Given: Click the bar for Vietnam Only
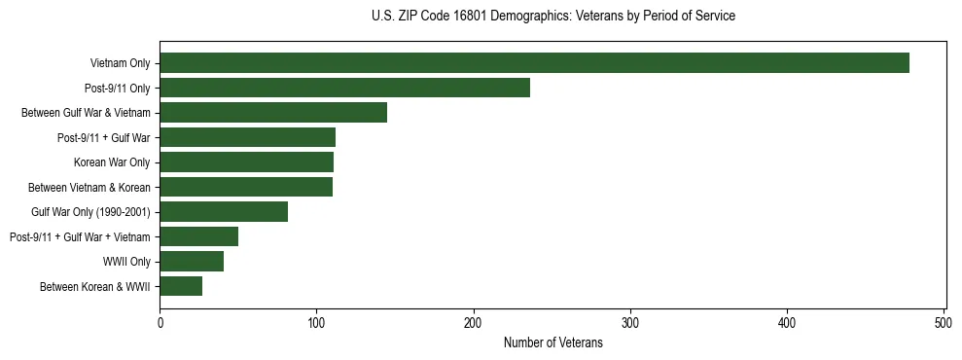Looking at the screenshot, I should tap(534, 63).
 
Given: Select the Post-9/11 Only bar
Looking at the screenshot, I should tap(344, 88).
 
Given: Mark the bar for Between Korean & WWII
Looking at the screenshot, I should tap(181, 286).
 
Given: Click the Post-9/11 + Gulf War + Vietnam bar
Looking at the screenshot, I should tap(198, 236).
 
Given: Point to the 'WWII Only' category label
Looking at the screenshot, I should tap(126, 261).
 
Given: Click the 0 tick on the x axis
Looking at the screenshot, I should tap(160, 322).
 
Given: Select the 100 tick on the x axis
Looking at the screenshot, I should tap(316, 322).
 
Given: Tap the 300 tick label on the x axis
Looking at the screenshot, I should tap(630, 322).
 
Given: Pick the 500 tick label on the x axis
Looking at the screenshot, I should tap(944, 322).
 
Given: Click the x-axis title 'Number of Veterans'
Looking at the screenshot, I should tap(552, 343).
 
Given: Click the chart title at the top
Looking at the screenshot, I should tap(552, 17).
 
